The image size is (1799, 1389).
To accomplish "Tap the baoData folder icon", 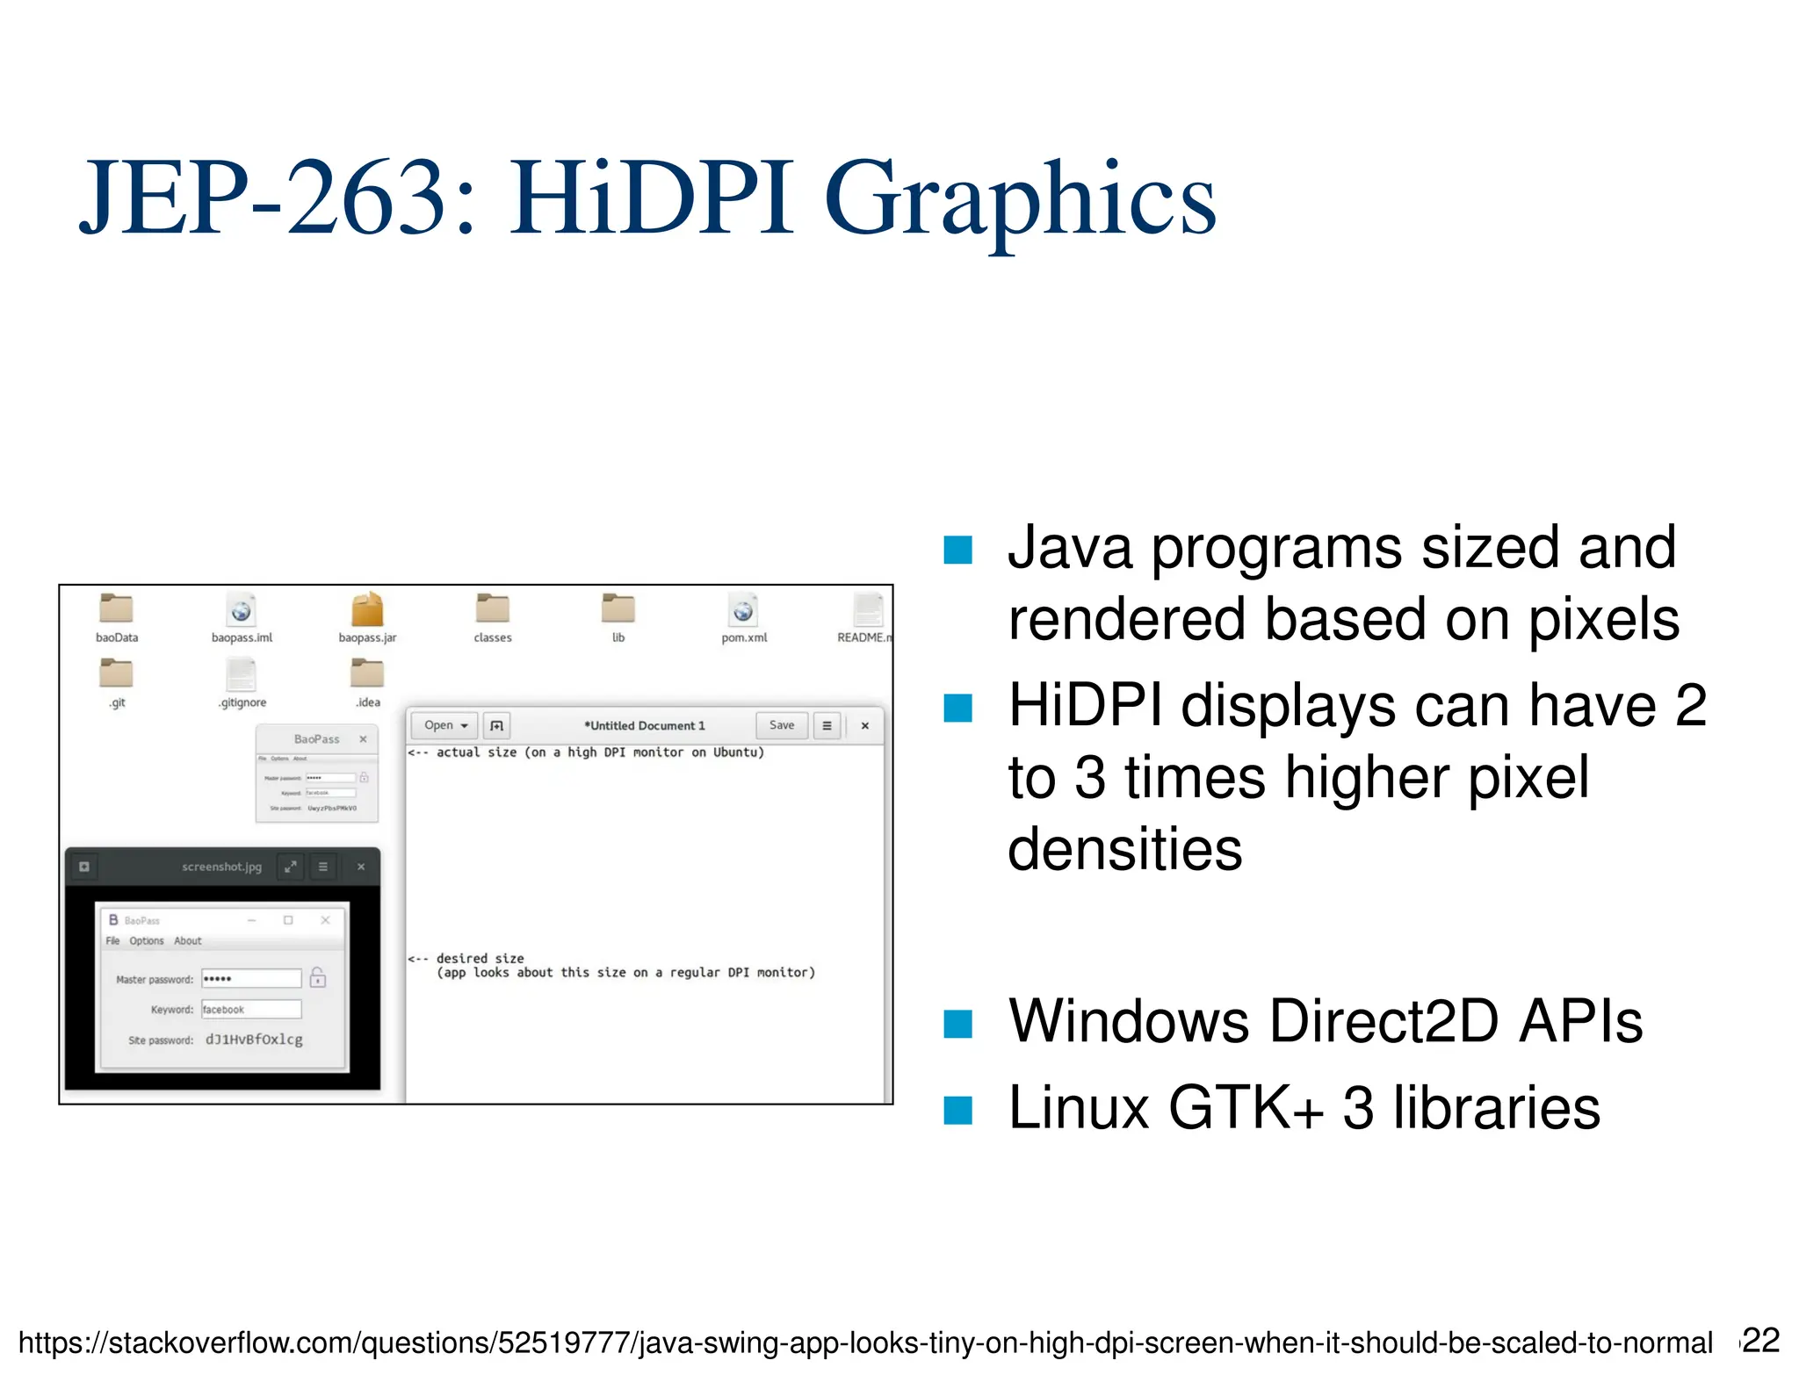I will pyautogui.click(x=116, y=608).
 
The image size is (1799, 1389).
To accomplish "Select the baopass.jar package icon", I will pyautogui.click(x=367, y=608).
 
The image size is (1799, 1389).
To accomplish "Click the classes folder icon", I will pyautogui.click(x=493, y=608).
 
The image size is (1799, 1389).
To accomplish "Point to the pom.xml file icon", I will pyautogui.click(x=743, y=608).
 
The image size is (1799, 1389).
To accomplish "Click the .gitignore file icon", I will pyautogui.click(x=242, y=673).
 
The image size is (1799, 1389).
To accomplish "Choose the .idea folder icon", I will pyautogui.click(x=367, y=673).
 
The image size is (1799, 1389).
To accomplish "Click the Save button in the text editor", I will pyautogui.click(x=781, y=725).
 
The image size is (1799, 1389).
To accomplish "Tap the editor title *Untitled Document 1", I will pyautogui.click(x=645, y=726).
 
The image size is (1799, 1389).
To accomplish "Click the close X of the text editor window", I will pyautogui.click(x=865, y=726).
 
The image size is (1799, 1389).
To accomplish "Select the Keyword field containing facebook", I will pyautogui.click(x=251, y=1010).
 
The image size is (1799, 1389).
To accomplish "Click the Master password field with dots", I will pyautogui.click(x=251, y=978).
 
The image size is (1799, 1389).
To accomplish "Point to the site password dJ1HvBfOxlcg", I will pyautogui.click(x=254, y=1040).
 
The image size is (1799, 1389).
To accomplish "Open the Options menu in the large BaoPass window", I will pyautogui.click(x=147, y=941).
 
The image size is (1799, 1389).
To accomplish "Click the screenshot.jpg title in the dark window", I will pyautogui.click(x=221, y=867).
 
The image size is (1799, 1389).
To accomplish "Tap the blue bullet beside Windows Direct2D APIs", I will pyautogui.click(x=957, y=1024).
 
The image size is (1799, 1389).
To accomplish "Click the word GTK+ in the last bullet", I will pyautogui.click(x=1246, y=1108).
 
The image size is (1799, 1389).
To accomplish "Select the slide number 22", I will pyautogui.click(x=1761, y=1341).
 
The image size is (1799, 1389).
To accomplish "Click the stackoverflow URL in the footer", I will pyautogui.click(x=865, y=1343).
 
